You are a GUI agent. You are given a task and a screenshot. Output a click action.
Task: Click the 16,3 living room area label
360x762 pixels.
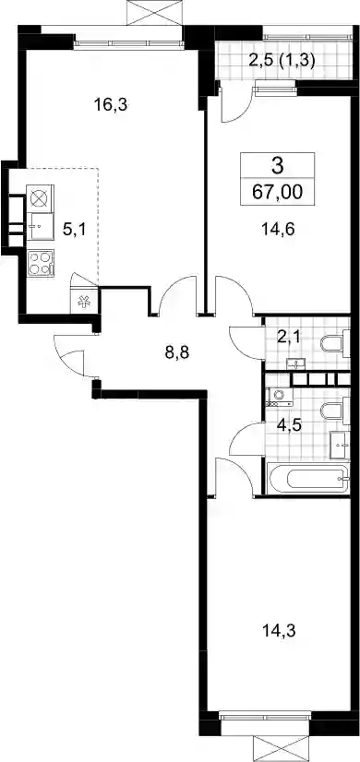(111, 104)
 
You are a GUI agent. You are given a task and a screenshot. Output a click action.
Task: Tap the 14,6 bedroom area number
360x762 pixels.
(279, 228)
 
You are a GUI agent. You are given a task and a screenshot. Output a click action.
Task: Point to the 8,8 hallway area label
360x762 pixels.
(176, 352)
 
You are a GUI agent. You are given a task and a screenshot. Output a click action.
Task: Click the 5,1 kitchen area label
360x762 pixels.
(75, 229)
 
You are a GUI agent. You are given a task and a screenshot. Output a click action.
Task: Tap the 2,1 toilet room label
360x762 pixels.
(288, 337)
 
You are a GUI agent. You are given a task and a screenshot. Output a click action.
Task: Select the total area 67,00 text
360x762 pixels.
(277, 192)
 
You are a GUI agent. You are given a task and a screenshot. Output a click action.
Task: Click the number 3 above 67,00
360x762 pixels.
(277, 167)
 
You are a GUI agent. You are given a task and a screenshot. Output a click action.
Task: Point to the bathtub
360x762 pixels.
(308, 478)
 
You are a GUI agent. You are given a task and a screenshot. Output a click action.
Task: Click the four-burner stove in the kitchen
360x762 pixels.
(41, 263)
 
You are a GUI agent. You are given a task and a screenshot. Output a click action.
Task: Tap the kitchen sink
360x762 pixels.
(40, 227)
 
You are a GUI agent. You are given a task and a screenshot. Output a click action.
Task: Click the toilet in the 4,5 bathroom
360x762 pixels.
(335, 412)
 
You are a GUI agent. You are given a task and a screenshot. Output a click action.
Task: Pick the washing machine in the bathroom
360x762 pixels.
(280, 398)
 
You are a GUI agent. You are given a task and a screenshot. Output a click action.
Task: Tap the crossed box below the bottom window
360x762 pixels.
(282, 749)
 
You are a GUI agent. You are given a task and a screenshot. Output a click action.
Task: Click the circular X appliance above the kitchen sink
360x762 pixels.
(40, 199)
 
